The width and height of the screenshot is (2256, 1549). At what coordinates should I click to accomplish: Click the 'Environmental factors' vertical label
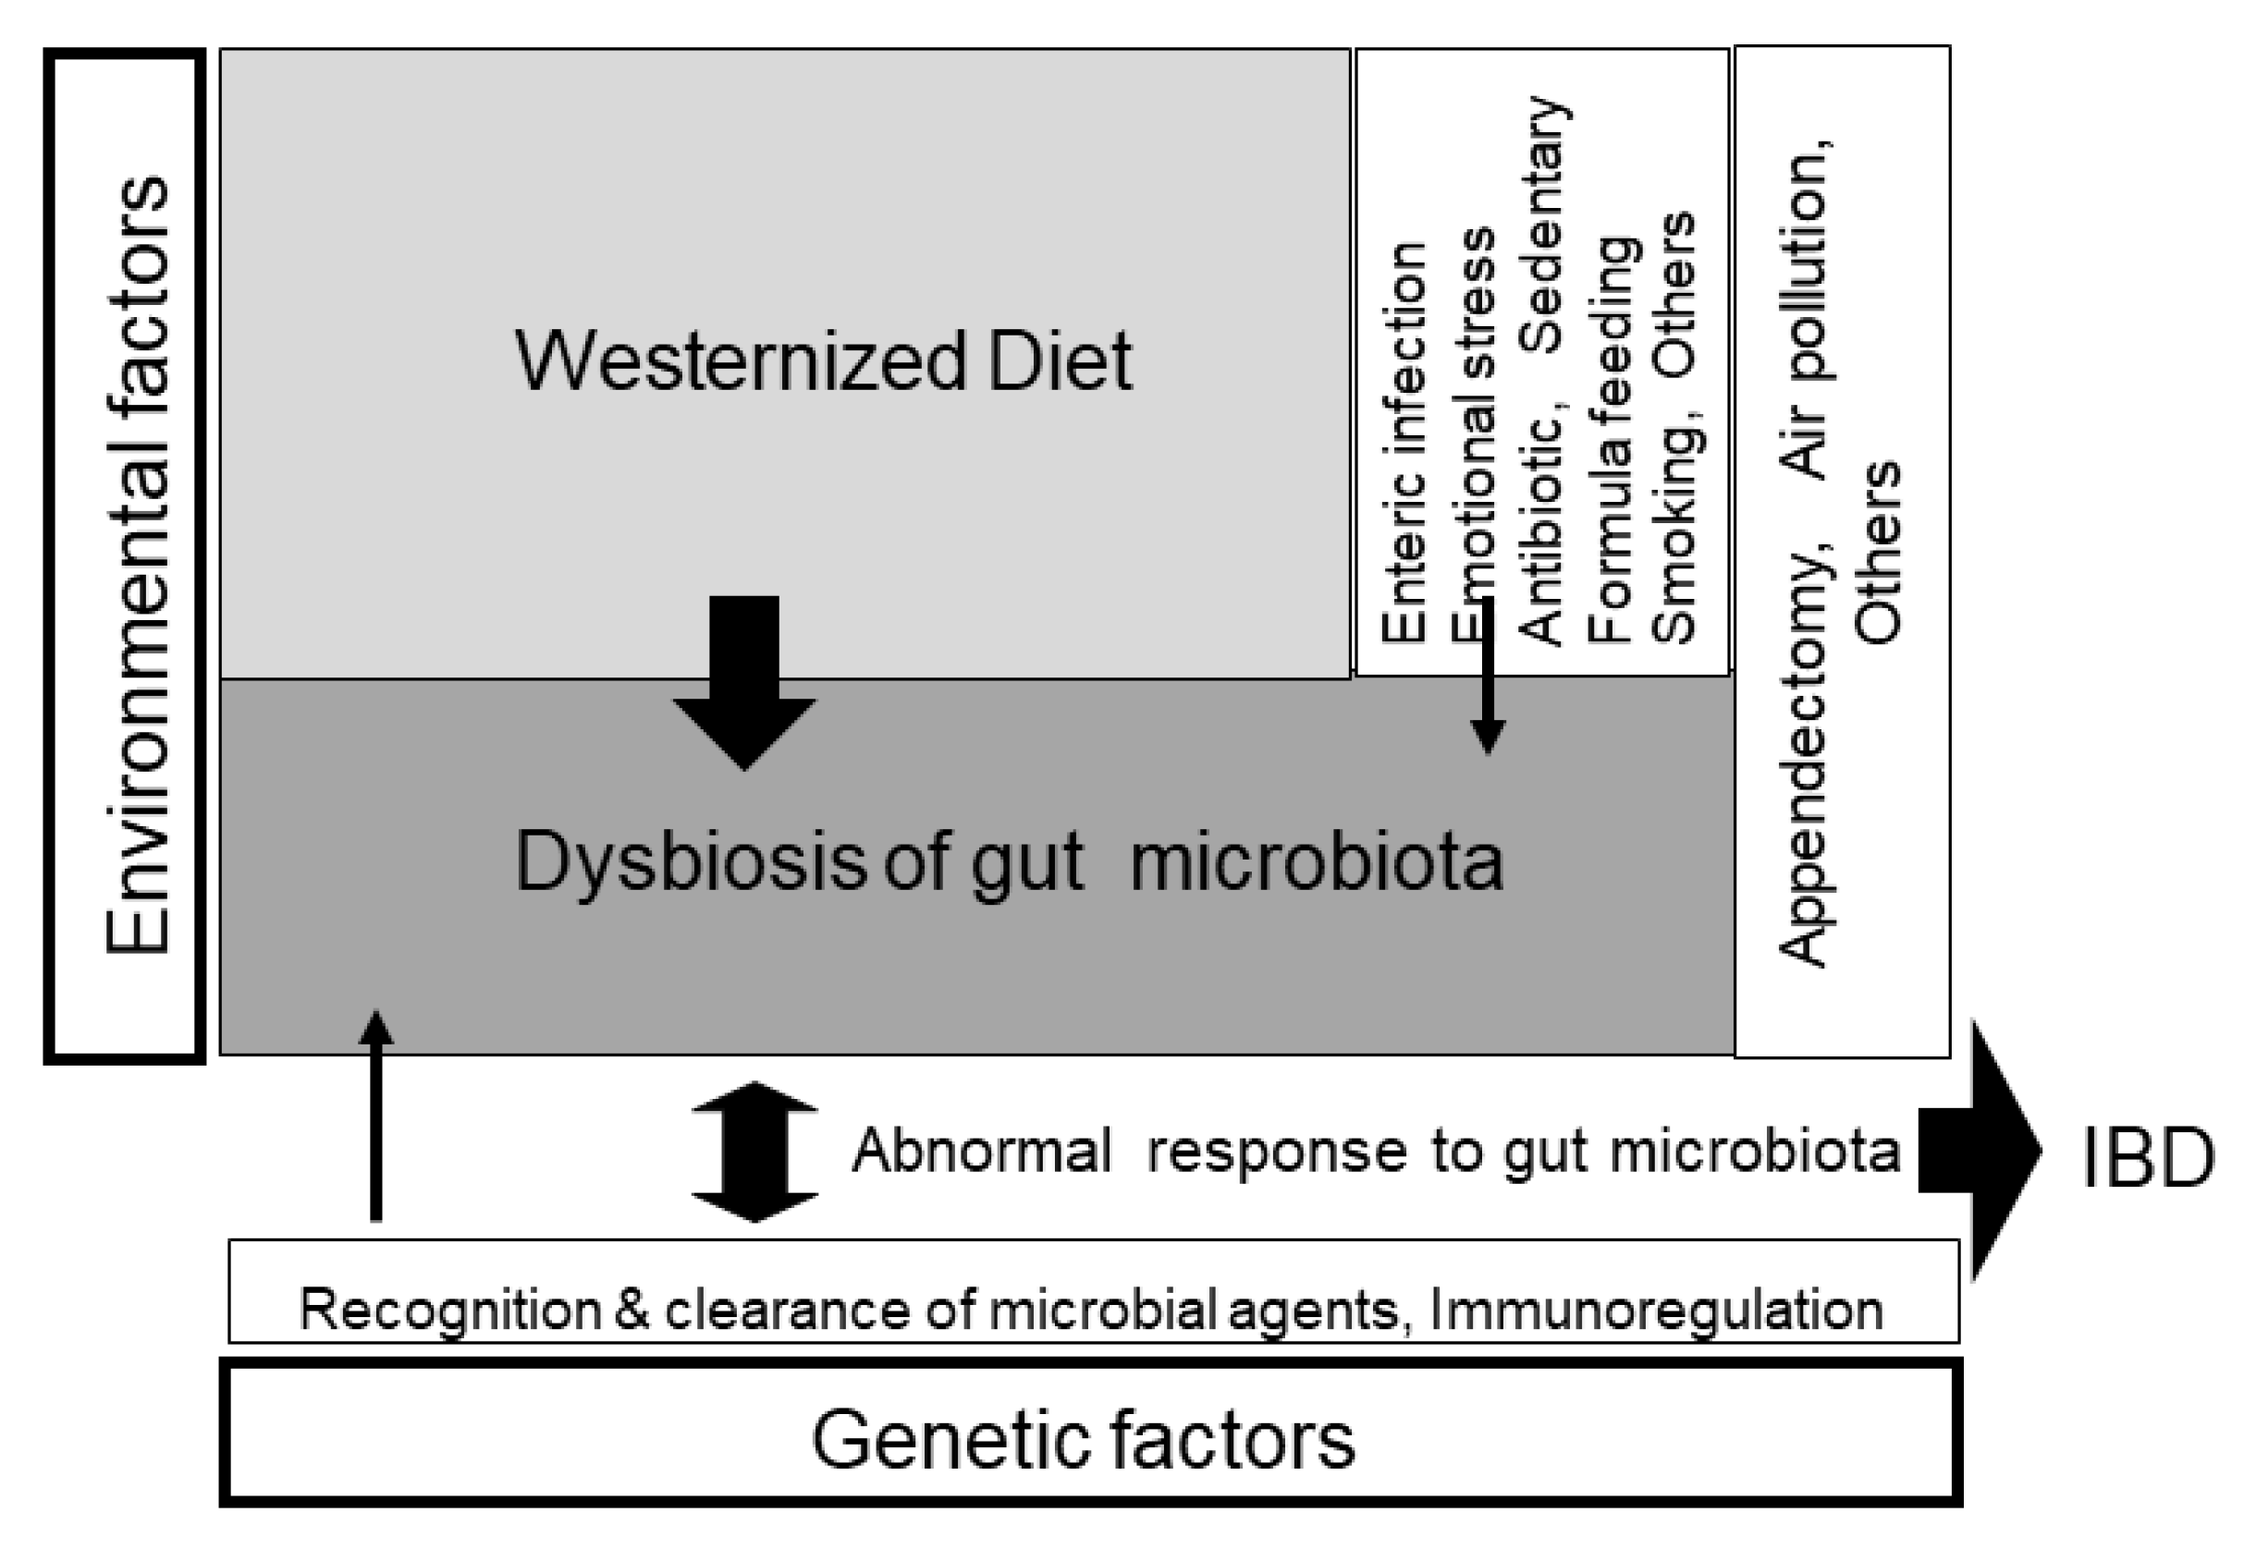click(x=138, y=566)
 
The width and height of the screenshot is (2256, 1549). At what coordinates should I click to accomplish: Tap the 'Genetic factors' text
click(x=1083, y=1440)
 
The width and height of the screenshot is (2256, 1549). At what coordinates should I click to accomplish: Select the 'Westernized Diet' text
click(x=823, y=361)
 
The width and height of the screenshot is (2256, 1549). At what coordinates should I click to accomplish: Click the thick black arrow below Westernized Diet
click(x=744, y=679)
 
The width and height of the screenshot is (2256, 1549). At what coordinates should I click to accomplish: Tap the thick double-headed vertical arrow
click(x=754, y=1151)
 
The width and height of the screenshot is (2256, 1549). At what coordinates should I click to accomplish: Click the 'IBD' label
click(x=2147, y=1159)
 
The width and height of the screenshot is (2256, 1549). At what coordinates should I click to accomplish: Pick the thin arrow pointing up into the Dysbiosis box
click(x=376, y=1116)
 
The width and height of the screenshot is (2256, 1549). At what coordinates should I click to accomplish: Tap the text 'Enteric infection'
click(x=1404, y=442)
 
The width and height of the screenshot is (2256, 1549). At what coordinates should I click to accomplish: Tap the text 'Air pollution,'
click(x=1808, y=311)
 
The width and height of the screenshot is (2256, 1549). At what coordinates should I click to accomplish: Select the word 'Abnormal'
click(x=981, y=1151)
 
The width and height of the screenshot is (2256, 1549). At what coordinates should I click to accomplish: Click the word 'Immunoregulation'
click(x=1656, y=1310)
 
